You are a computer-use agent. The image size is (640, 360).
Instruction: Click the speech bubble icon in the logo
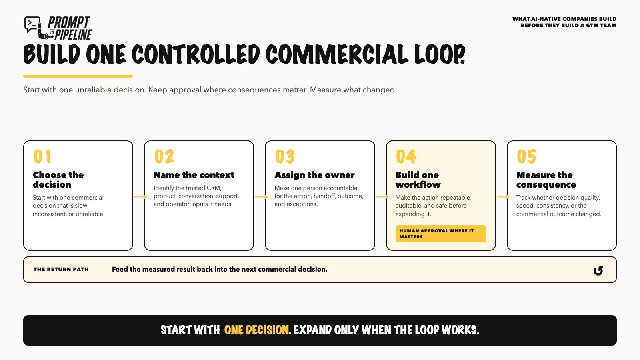[x=32, y=24]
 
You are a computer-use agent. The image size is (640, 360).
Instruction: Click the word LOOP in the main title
[x=440, y=54]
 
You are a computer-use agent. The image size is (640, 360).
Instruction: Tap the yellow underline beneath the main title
[x=78, y=76]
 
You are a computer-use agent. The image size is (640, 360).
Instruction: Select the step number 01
[x=42, y=156]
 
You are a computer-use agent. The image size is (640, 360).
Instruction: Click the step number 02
[x=164, y=156]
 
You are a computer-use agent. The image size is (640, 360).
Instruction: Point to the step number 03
[x=285, y=156]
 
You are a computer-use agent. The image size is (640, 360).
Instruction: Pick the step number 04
[x=406, y=156]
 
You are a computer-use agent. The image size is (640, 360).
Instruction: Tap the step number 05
[x=526, y=156]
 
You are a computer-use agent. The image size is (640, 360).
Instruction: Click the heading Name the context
[x=194, y=175]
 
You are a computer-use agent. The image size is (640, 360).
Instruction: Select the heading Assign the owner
[x=314, y=175]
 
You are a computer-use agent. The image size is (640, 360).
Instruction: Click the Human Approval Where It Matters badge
[x=441, y=234]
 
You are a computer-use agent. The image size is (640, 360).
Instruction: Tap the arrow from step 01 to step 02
[x=140, y=196]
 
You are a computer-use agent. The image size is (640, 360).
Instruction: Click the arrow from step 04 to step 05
[x=503, y=196]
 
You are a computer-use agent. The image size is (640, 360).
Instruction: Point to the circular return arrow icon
[x=598, y=270]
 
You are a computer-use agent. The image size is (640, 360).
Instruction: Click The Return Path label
[x=61, y=270]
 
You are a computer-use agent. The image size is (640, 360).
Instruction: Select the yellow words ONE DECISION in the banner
[x=256, y=330]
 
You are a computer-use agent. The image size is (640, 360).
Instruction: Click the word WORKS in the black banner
[x=460, y=330]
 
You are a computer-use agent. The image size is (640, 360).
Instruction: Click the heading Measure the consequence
[x=546, y=180]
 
